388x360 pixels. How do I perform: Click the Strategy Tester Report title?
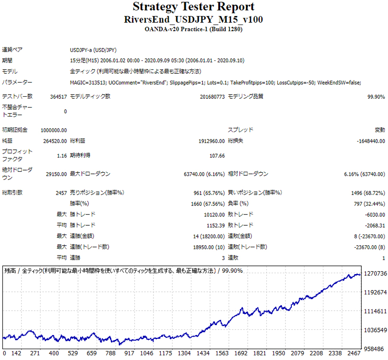193,7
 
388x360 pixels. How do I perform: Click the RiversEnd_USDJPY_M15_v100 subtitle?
193,20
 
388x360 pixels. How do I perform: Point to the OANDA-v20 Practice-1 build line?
193,30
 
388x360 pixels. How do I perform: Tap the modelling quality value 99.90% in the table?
375,97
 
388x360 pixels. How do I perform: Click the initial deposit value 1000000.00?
54,130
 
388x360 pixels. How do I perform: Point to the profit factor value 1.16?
62,155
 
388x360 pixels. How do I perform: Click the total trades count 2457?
60,193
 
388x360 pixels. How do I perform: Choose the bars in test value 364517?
58,97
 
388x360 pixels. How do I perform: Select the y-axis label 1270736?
375,274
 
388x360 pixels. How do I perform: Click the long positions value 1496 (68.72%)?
368,193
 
